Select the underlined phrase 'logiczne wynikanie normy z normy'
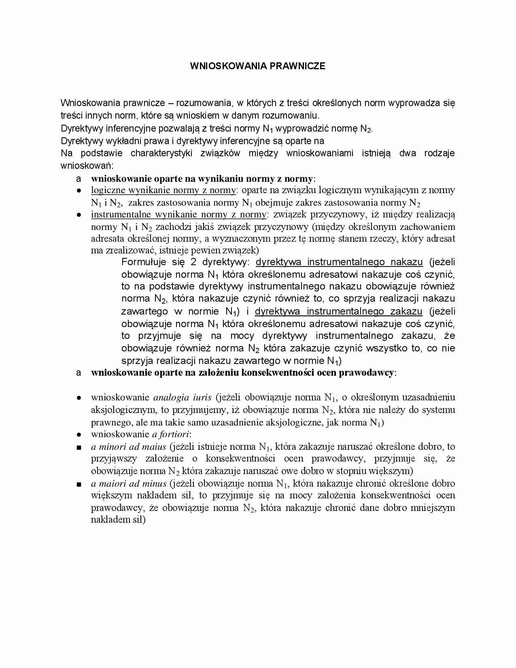(163, 190)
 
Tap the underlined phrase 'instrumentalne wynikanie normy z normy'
(178, 215)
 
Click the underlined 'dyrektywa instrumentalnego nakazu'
(339, 262)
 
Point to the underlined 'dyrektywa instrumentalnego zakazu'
(338, 311)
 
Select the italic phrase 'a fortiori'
(170, 434)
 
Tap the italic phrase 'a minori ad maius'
(129, 447)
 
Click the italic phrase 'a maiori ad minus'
(129, 483)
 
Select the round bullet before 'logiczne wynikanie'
(79, 191)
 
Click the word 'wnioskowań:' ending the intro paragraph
(87, 166)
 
